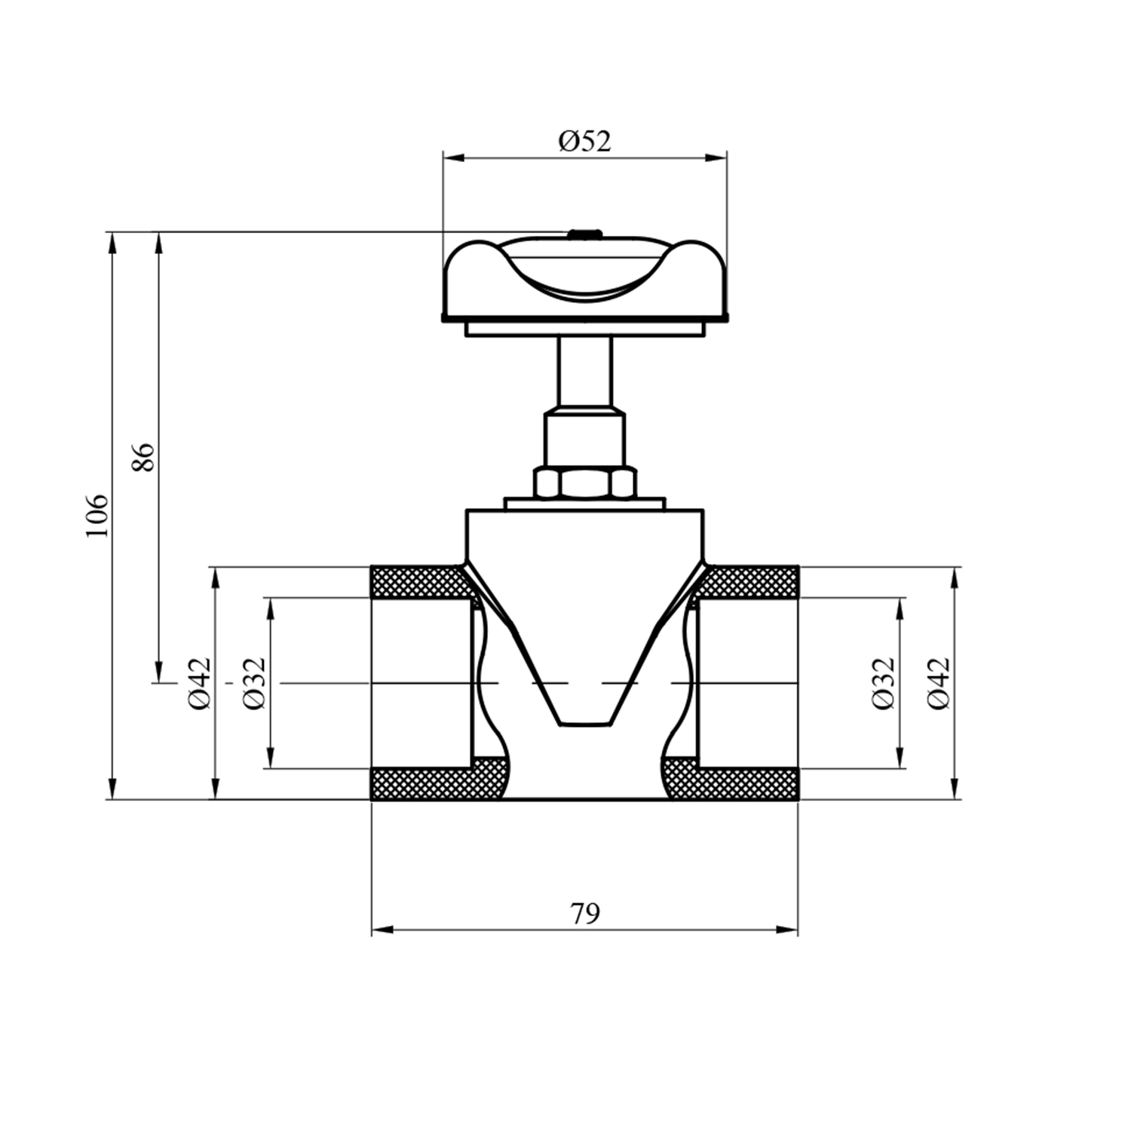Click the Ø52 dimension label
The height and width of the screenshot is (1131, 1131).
[x=584, y=141]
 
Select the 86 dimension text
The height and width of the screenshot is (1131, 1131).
[x=143, y=458]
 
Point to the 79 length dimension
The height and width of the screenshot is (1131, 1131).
[x=585, y=914]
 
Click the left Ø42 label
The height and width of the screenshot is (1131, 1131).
[x=200, y=683]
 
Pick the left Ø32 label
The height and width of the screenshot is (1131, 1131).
[x=255, y=683]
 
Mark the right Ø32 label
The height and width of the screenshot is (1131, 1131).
[x=883, y=683]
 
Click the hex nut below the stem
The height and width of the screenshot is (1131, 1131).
[x=585, y=483]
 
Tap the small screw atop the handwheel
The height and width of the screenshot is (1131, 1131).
[x=584, y=233]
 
